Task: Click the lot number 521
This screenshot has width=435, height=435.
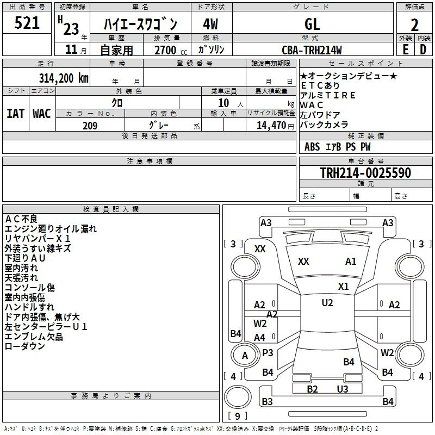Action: [x=27, y=23]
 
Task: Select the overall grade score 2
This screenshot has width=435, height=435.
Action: [x=414, y=25]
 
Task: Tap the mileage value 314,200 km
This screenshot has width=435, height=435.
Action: [x=64, y=78]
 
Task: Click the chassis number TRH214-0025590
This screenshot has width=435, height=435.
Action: [x=365, y=172]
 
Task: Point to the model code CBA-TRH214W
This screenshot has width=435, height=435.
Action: [x=312, y=50]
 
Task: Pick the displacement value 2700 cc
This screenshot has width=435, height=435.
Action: [x=171, y=50]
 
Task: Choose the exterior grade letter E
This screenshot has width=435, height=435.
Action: [x=406, y=49]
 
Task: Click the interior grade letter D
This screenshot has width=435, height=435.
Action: [x=423, y=49]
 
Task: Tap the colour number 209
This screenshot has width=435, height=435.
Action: [x=90, y=126]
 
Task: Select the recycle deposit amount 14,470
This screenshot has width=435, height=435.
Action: [x=271, y=126]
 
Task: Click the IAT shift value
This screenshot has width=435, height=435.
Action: [x=15, y=114]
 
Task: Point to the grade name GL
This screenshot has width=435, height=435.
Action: [x=312, y=24]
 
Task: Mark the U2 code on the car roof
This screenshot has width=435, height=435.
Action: [x=327, y=303]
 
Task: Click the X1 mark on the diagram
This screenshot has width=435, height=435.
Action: [x=344, y=287]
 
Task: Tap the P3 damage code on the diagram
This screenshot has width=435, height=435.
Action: [x=268, y=352]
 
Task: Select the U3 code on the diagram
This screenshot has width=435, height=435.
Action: [x=343, y=389]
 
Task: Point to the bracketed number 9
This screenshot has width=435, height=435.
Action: [x=238, y=416]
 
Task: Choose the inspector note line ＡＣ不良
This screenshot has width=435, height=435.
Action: [x=21, y=219]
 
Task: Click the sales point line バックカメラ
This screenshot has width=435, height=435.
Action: [x=324, y=125]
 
